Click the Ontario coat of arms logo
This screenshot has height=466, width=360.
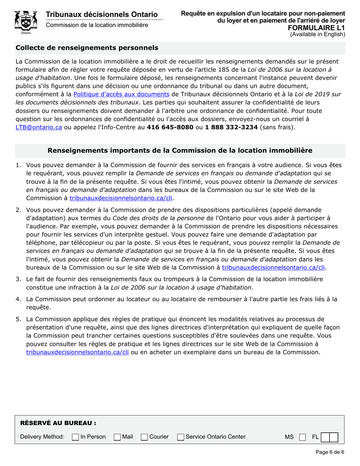(26, 22)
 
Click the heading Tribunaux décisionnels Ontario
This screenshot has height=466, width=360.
(102, 14)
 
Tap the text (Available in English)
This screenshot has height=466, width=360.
(318, 34)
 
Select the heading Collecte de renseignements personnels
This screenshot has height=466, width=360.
(87, 48)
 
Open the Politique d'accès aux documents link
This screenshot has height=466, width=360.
(121, 94)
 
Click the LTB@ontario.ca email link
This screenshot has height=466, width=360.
(39, 127)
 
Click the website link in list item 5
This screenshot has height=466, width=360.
(78, 352)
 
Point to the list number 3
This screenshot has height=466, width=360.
(18, 279)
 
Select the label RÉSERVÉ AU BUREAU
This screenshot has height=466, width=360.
(58, 423)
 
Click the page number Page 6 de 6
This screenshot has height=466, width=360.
(330, 452)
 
